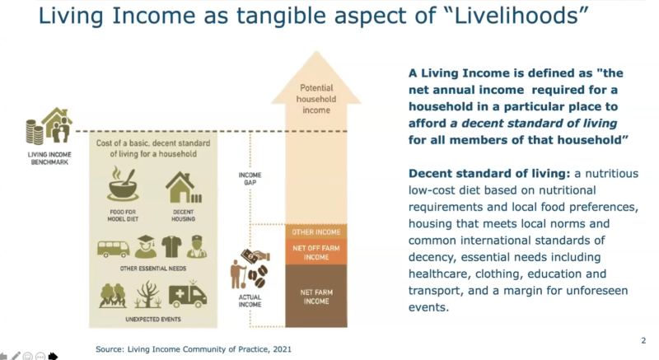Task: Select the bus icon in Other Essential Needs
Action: (x=113, y=248)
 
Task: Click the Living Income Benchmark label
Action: (x=47, y=157)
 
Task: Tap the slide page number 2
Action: (x=643, y=340)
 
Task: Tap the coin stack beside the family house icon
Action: (x=35, y=132)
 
